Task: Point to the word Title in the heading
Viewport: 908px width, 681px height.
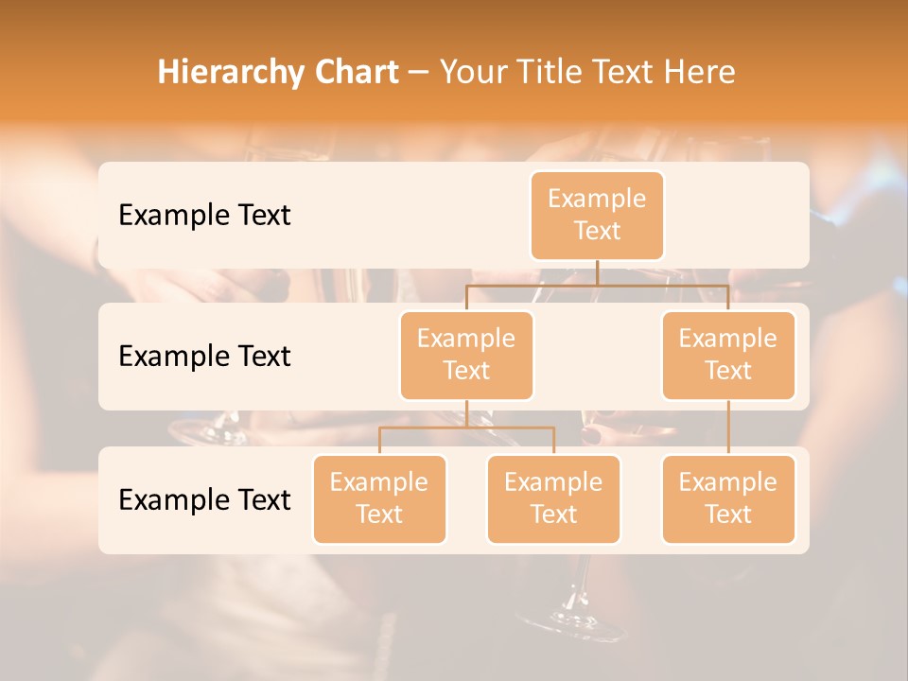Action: pyautogui.click(x=559, y=73)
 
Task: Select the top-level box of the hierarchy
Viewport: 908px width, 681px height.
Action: pyautogui.click(x=597, y=216)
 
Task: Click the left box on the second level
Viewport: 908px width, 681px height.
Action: pyautogui.click(x=466, y=356)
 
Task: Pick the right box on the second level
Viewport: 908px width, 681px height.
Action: pyautogui.click(x=728, y=356)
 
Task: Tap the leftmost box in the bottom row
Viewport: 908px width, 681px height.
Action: pyautogui.click(x=379, y=499)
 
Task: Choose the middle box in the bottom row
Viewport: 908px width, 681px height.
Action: pyautogui.click(x=553, y=499)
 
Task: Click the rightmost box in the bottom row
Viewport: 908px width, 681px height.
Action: pyautogui.click(x=728, y=499)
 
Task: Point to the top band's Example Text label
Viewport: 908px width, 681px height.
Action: pyautogui.click(x=204, y=216)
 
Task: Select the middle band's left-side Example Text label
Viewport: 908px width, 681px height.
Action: pyautogui.click(x=204, y=357)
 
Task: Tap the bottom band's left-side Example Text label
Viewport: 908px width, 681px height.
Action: pyautogui.click(x=204, y=499)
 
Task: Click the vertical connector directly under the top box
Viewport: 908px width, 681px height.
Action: pyautogui.click(x=597, y=273)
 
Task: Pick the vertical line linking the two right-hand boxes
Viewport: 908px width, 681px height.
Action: pyautogui.click(x=728, y=428)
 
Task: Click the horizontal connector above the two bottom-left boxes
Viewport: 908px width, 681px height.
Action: pyautogui.click(x=466, y=428)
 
